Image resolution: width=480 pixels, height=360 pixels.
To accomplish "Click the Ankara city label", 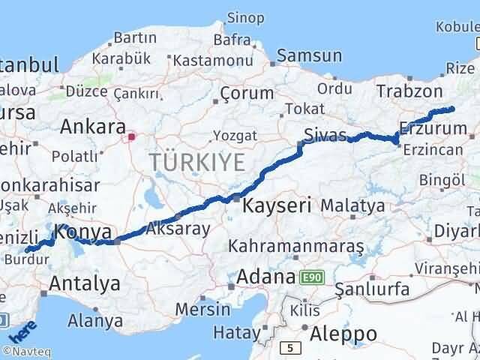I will click(93, 125).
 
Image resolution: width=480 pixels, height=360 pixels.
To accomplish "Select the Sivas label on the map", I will click(325, 136).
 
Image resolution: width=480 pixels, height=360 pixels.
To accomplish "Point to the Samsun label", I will click(309, 55).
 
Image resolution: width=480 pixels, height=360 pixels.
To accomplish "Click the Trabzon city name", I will click(409, 91).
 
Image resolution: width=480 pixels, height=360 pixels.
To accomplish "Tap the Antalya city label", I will click(84, 283).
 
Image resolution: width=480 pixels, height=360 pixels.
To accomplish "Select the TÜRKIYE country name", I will click(197, 161).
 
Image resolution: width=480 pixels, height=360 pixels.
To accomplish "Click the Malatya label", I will click(352, 205).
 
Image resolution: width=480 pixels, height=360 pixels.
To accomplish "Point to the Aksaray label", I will click(178, 229).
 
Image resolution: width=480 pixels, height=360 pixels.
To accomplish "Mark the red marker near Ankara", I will click(132, 136).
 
